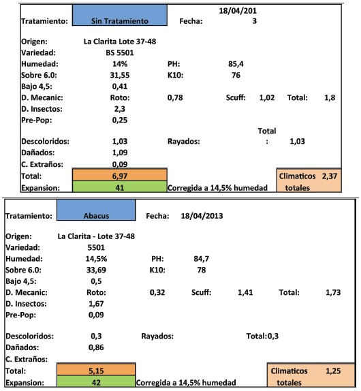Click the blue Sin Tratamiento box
(120, 15)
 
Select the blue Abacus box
(96, 210)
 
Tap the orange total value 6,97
(120, 176)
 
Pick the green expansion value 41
(120, 187)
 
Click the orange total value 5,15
(96, 371)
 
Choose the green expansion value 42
(96, 382)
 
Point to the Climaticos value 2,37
(330, 176)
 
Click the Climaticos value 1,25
(333, 371)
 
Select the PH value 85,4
(236, 64)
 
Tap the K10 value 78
(202, 270)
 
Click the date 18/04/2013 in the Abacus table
(202, 216)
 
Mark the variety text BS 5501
(120, 52)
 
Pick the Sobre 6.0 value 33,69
(96, 270)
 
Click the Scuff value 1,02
(267, 97)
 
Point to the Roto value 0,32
(157, 292)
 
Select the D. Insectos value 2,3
(120, 109)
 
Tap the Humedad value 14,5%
(96, 259)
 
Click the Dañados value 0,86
(96, 347)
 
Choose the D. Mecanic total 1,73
(333, 292)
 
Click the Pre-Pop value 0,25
(120, 120)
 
